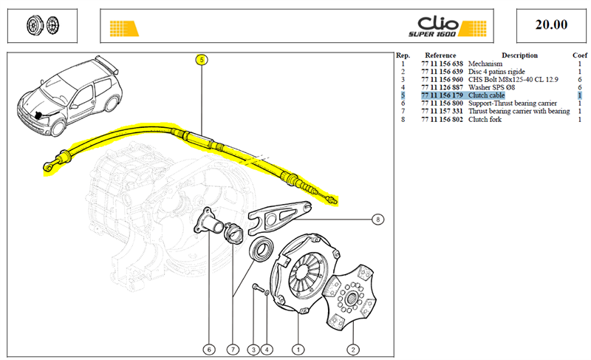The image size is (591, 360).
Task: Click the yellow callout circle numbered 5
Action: (x=202, y=60)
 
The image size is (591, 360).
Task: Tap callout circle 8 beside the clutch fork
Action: (x=378, y=219)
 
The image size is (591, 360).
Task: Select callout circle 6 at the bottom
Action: (x=209, y=350)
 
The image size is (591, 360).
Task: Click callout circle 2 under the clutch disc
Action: (x=353, y=350)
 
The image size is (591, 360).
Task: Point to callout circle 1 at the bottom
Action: (x=298, y=350)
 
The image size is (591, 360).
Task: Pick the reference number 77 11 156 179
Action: (x=442, y=95)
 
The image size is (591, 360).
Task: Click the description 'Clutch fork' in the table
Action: (x=485, y=120)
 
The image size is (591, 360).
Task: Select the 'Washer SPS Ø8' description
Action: (x=491, y=87)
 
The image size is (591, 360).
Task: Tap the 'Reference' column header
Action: (x=440, y=55)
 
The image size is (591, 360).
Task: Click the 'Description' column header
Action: (x=519, y=55)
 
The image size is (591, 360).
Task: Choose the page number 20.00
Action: (x=551, y=24)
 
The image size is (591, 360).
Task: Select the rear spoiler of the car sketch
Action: (x=106, y=64)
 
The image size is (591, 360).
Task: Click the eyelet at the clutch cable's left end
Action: (x=48, y=166)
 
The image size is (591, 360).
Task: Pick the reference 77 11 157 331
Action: (x=442, y=111)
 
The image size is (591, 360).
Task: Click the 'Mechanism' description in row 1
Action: (x=485, y=64)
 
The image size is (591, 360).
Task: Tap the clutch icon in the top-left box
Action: (x=43, y=26)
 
